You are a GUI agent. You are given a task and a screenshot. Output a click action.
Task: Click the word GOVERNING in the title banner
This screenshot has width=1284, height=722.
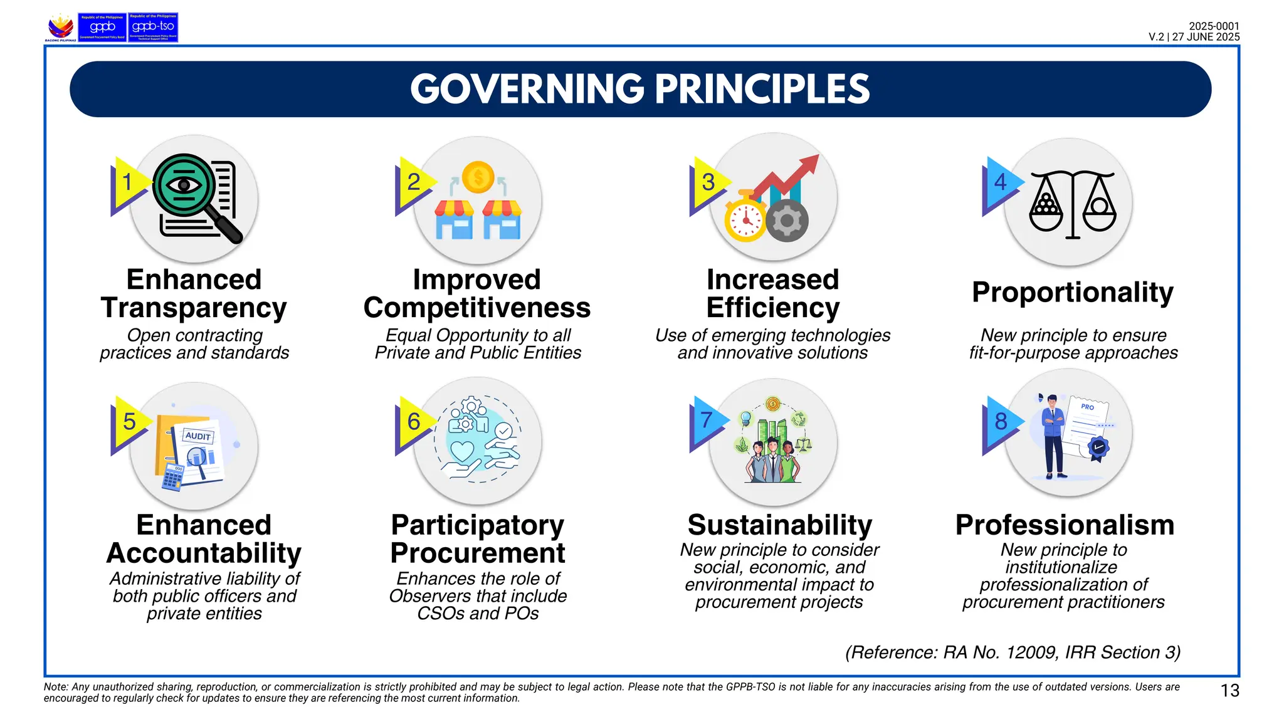click(x=527, y=89)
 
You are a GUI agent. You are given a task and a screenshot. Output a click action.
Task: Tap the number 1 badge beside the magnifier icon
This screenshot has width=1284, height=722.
click(x=127, y=182)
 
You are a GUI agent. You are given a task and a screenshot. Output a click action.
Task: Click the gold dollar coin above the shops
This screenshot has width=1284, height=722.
click(x=478, y=177)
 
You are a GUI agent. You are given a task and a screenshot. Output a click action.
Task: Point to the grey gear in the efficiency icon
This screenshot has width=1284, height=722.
click(x=787, y=221)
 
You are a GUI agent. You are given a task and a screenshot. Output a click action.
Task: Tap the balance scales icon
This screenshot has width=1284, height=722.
click(x=1073, y=204)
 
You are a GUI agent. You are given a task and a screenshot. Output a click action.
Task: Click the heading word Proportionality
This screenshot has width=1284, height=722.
click(x=1072, y=293)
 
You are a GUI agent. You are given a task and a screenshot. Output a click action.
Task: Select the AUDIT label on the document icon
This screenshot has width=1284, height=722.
click(x=198, y=436)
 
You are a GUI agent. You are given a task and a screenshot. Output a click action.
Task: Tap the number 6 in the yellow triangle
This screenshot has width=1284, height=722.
click(x=414, y=422)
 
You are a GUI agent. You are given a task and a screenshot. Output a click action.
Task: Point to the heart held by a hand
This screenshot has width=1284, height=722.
click(x=463, y=451)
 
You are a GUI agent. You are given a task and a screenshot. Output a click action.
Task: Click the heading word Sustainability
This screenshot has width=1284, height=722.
click(x=779, y=525)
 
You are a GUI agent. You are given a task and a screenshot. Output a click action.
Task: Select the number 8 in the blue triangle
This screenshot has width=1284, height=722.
click(x=1001, y=421)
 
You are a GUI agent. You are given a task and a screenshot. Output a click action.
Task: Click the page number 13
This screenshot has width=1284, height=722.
click(x=1229, y=691)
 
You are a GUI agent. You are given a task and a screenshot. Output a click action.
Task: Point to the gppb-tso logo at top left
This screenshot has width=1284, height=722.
click(x=153, y=28)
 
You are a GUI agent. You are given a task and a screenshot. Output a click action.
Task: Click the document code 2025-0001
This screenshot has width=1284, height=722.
click(x=1214, y=26)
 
